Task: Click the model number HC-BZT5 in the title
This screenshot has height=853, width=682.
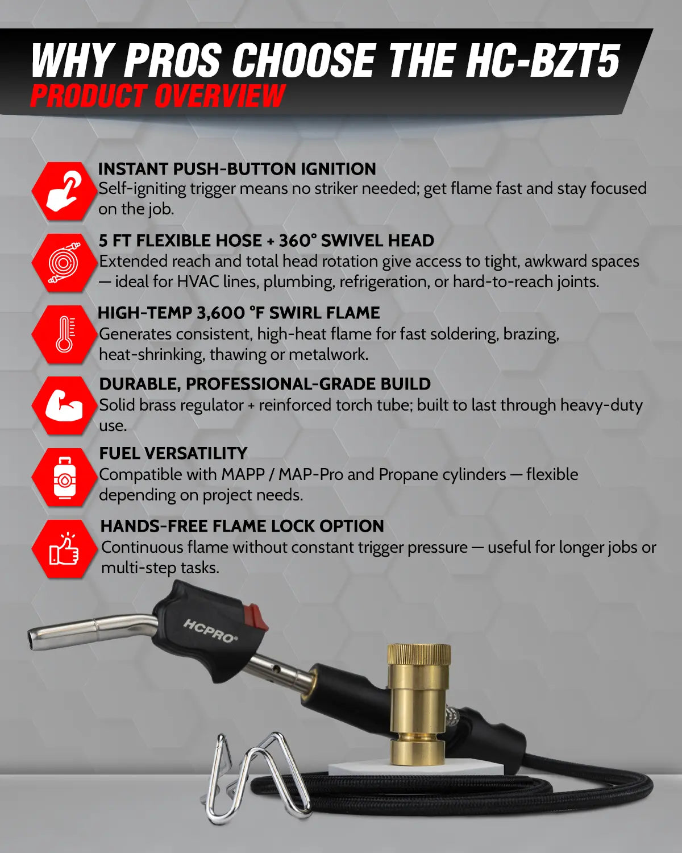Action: (543, 60)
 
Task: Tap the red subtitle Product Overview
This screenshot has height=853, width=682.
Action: (157, 96)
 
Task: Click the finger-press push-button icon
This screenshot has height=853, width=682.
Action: (63, 191)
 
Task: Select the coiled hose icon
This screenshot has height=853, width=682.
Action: (63, 263)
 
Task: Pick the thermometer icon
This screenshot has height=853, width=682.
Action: (64, 334)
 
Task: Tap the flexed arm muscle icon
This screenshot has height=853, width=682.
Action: (64, 405)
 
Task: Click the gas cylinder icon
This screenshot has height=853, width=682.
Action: (64, 478)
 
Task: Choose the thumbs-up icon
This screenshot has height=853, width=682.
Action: (64, 549)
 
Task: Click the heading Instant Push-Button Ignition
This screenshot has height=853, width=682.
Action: (237, 169)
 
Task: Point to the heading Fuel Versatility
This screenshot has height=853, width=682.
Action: (173, 453)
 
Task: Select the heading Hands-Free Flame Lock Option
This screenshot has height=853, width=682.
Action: (242, 526)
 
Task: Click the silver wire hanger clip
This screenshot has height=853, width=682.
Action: (256, 779)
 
